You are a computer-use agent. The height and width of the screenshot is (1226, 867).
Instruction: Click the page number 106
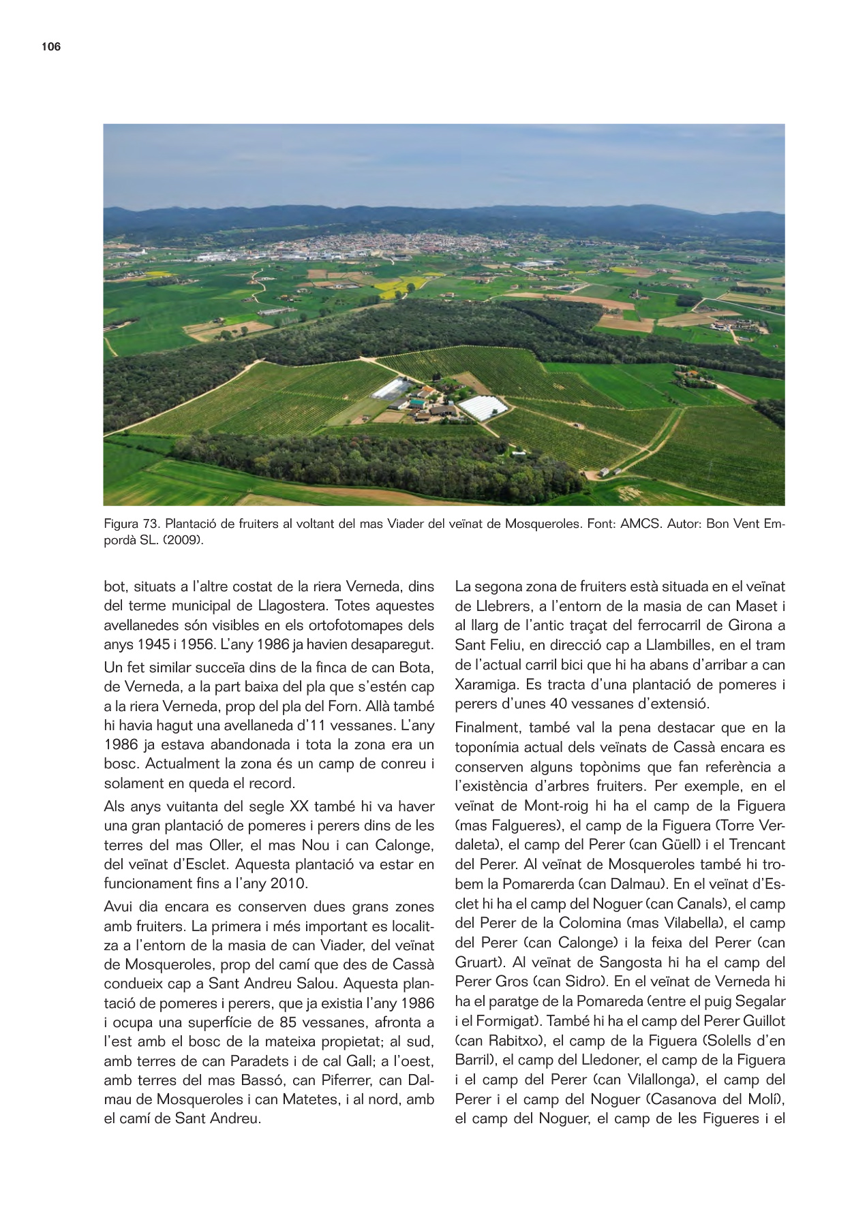coord(51,46)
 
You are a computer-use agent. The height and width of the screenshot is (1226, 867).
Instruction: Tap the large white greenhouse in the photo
coord(483,407)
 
